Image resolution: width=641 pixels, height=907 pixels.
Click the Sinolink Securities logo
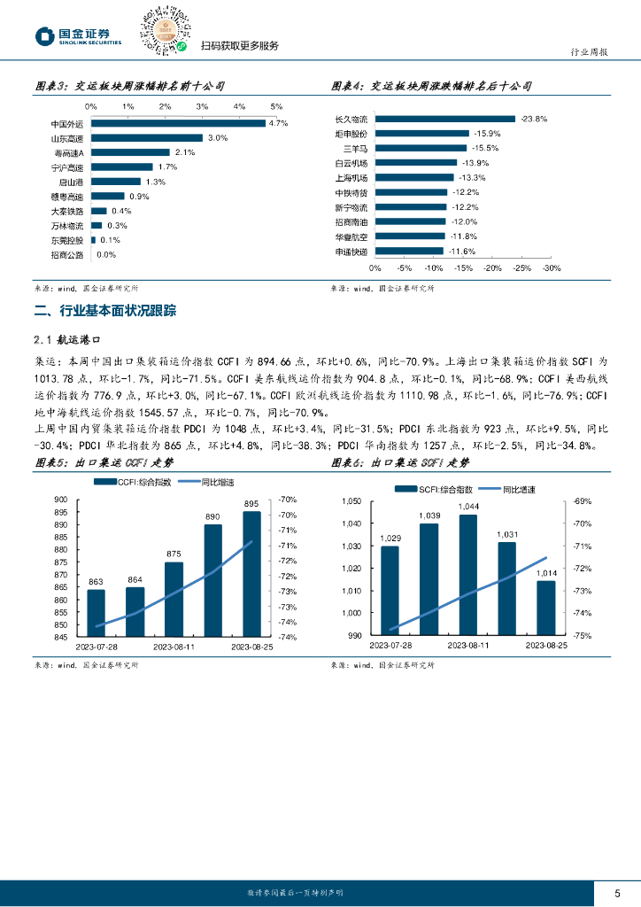(78, 35)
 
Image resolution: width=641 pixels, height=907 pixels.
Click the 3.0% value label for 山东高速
(218, 138)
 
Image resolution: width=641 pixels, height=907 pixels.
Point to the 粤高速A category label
(69, 152)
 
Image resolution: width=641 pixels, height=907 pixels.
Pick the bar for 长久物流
(445, 118)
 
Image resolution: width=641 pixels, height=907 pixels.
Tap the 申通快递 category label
(351, 252)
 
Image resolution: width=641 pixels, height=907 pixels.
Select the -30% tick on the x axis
(552, 267)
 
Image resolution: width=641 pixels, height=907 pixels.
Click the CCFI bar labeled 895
(251, 573)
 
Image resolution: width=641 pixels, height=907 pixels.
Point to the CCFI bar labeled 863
(96, 613)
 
